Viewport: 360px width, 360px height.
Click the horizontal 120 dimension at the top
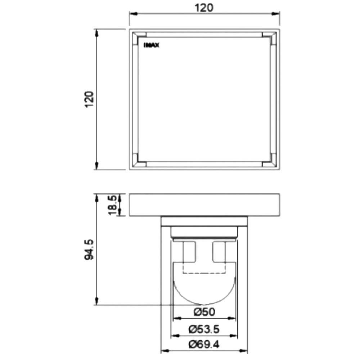click(x=204, y=8)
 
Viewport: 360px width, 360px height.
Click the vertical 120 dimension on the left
click(x=90, y=99)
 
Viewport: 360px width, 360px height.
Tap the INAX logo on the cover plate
click(x=151, y=45)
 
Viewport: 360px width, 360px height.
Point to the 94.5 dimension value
click(x=89, y=249)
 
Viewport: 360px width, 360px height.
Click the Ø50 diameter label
click(x=204, y=312)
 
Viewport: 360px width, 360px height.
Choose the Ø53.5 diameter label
click(x=204, y=329)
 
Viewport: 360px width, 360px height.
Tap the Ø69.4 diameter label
click(x=204, y=345)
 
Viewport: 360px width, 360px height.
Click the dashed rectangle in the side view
click(x=204, y=273)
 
